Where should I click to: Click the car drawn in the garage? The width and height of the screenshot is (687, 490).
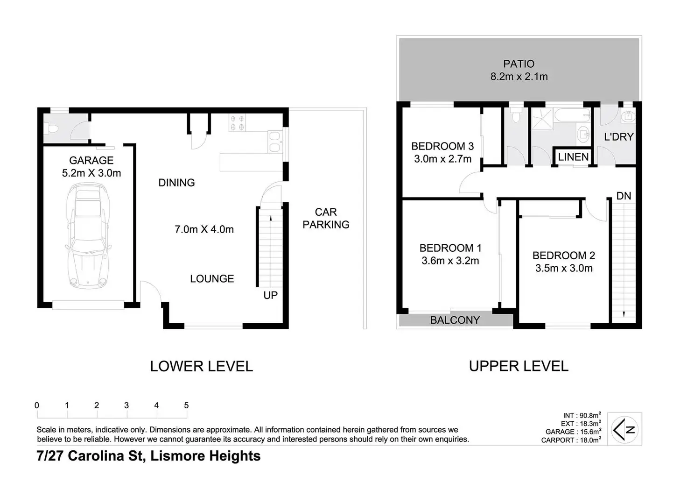click(88, 236)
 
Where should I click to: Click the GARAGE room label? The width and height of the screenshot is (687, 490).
click(91, 160)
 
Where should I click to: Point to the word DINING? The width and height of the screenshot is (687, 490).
click(176, 183)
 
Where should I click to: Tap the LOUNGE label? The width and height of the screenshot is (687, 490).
click(212, 279)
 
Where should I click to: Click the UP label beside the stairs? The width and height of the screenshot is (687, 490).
click(271, 295)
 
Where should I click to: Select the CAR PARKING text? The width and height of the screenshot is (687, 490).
click(326, 218)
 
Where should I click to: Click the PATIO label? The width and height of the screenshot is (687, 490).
click(519, 64)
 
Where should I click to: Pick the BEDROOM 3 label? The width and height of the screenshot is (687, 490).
click(442, 146)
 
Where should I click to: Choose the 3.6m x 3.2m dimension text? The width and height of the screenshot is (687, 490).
click(450, 261)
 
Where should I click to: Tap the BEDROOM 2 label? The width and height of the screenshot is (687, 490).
click(564, 256)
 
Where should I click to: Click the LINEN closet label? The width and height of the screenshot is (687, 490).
click(573, 157)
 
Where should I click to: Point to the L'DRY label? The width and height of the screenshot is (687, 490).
click(619, 137)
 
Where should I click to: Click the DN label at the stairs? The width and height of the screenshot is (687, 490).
click(624, 196)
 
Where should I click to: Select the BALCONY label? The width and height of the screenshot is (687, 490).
click(455, 320)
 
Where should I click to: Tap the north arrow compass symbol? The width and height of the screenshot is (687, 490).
click(624, 430)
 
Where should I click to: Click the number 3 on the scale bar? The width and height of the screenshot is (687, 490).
click(126, 405)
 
